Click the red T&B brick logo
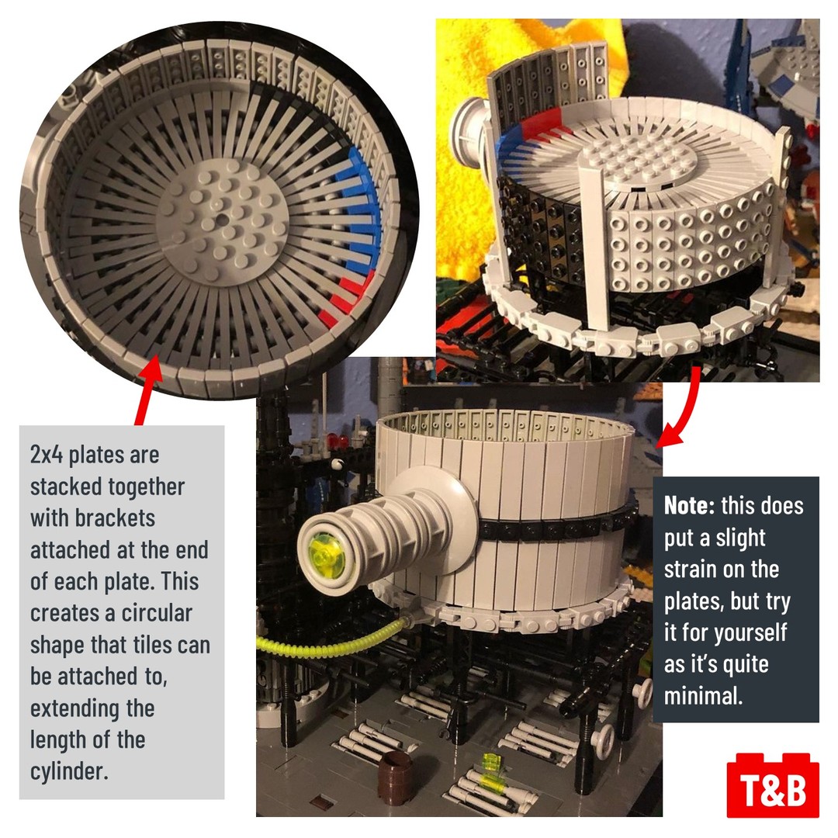tap(773, 785)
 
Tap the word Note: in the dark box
tap(689, 506)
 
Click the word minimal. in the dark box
tap(703, 696)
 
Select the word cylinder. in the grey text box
tap(69, 771)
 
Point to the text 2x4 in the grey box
tap(46, 455)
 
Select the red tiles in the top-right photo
tap(541, 125)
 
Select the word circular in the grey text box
tap(157, 613)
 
